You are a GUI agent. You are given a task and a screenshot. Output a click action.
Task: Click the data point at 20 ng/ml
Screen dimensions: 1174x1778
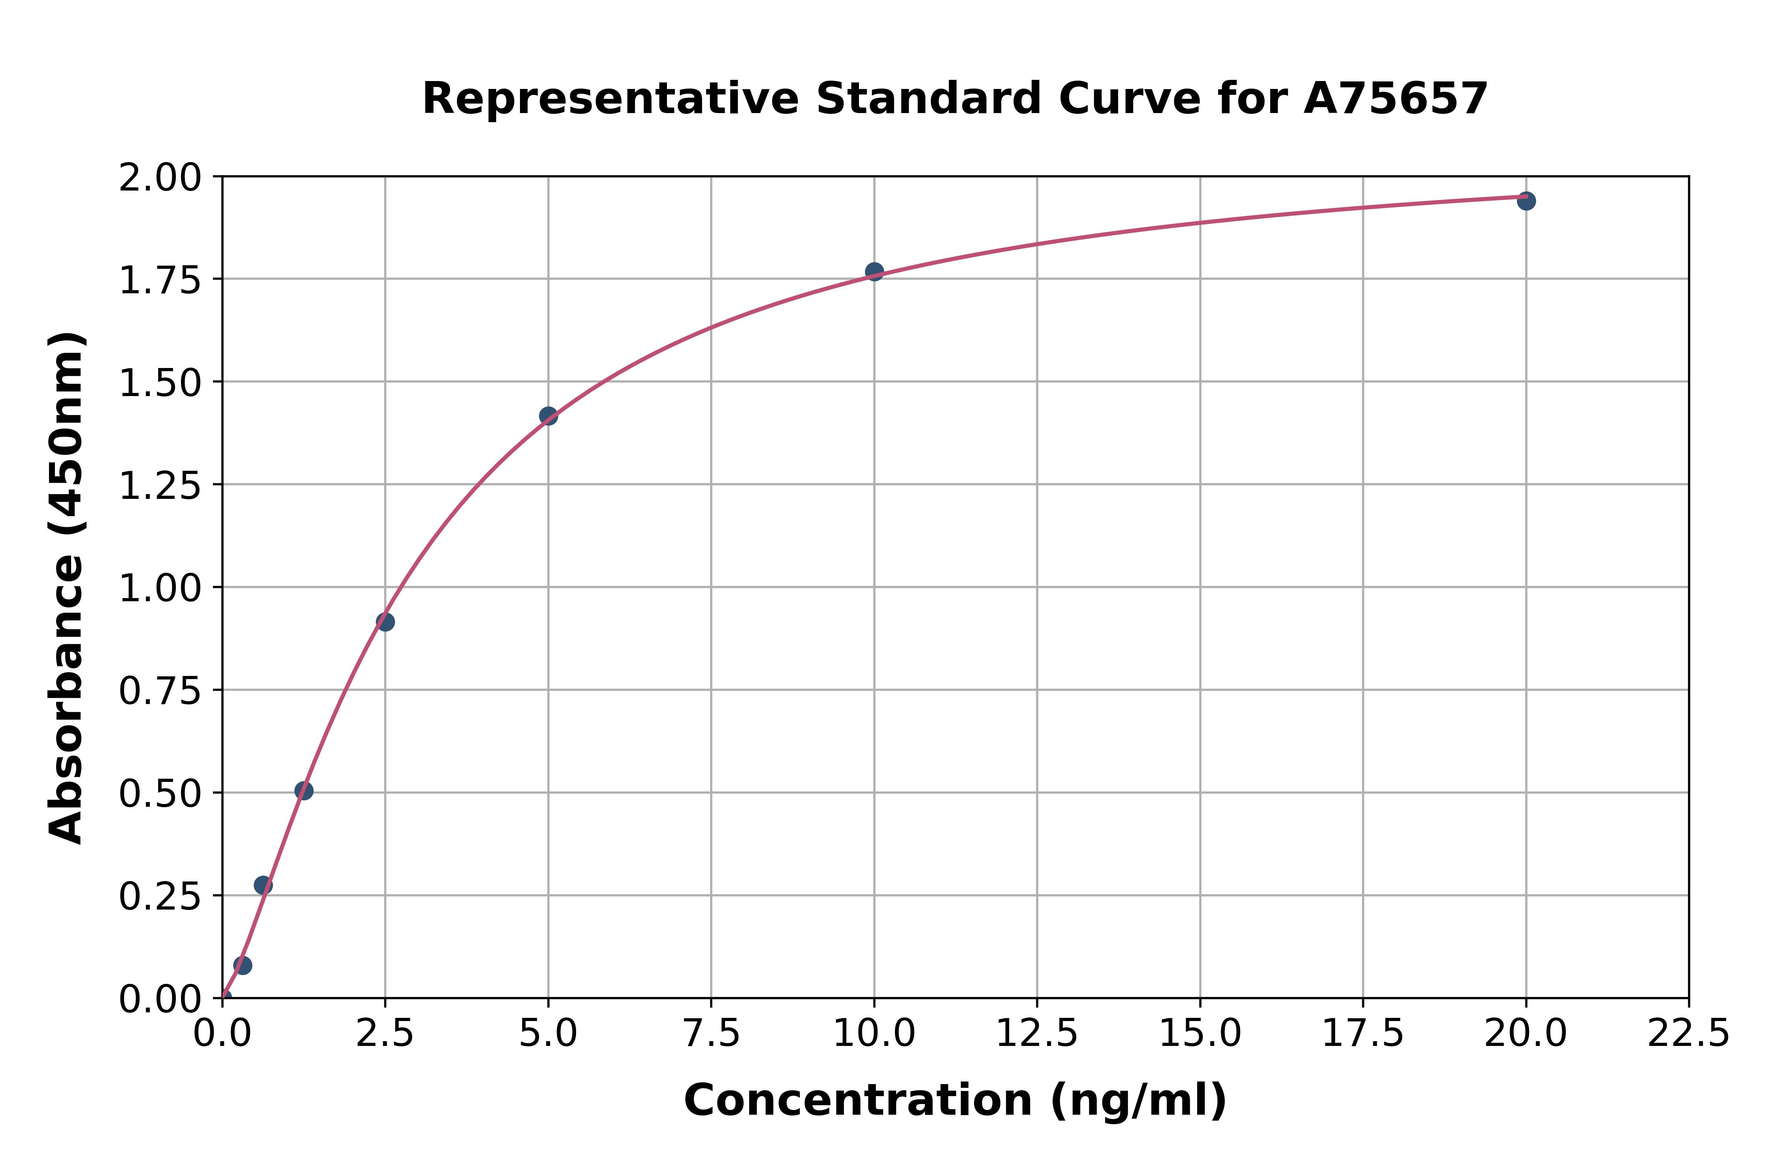[x=1526, y=201]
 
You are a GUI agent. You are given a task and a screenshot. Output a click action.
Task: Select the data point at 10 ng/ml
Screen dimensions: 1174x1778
[x=874, y=271]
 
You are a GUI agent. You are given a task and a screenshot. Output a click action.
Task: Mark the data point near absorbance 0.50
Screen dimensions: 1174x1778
[x=304, y=791]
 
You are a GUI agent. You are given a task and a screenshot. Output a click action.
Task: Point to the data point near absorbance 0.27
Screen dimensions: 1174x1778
[x=263, y=885]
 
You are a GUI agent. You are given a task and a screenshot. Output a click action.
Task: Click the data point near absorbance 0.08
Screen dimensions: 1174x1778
[x=243, y=965]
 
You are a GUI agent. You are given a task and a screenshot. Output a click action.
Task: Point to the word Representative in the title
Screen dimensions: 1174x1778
[x=610, y=99]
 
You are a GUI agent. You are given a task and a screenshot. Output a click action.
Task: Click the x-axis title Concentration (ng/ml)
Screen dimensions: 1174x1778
[x=955, y=1100]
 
